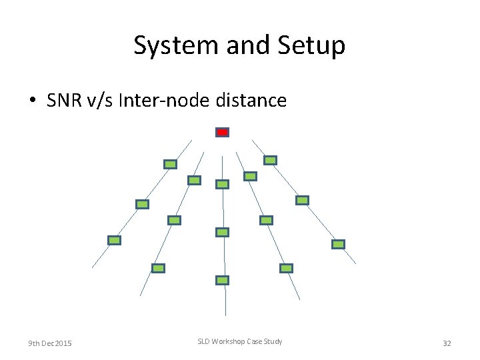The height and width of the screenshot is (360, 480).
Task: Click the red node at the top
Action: (223, 133)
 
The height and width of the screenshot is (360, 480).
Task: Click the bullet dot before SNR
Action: (32, 101)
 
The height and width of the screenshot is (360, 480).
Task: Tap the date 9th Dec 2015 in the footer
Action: (50, 343)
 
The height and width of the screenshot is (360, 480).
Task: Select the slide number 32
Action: (447, 343)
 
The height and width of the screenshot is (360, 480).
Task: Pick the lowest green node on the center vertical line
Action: (223, 281)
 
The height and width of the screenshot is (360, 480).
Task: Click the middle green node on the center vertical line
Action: (223, 232)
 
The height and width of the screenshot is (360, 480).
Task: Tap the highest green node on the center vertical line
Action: (223, 184)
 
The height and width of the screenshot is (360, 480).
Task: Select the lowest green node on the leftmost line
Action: (115, 240)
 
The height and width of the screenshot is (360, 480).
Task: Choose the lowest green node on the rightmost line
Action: (339, 244)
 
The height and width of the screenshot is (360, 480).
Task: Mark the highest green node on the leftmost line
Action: (171, 164)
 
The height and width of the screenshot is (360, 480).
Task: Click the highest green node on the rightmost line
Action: (270, 160)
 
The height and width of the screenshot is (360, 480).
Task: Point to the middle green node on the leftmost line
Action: (142, 204)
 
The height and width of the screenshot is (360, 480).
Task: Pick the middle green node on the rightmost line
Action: (302, 200)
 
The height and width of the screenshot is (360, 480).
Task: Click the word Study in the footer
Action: (271, 341)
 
